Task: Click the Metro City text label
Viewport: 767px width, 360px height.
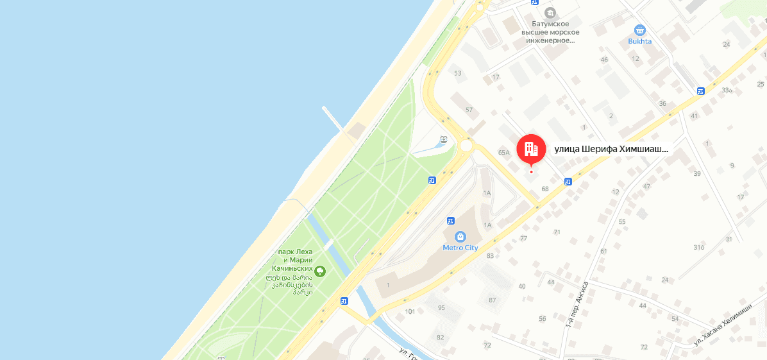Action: pos(460,248)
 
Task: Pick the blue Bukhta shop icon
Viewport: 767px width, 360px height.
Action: pos(639,30)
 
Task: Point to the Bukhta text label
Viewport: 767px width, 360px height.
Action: pos(639,41)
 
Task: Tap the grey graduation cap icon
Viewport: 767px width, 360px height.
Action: pos(550,13)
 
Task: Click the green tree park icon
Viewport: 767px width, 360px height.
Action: pos(320,271)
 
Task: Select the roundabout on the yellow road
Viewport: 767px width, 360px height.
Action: pos(466,146)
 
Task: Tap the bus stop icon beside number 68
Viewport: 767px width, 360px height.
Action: pos(568,182)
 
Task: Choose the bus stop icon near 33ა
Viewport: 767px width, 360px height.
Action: pos(701,90)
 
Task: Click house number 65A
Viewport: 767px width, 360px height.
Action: pos(503,153)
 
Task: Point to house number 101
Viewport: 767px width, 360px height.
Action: pos(410,312)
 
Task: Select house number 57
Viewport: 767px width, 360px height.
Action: pos(469,110)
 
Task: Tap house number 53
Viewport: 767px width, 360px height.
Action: pos(457,73)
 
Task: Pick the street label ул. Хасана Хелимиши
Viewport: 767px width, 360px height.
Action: pos(722,325)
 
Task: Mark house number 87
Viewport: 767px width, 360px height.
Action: pos(492,300)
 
